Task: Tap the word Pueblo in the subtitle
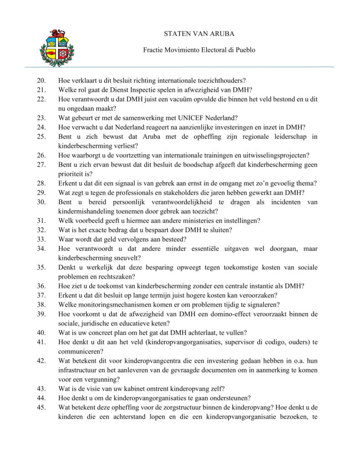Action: click(246, 50)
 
